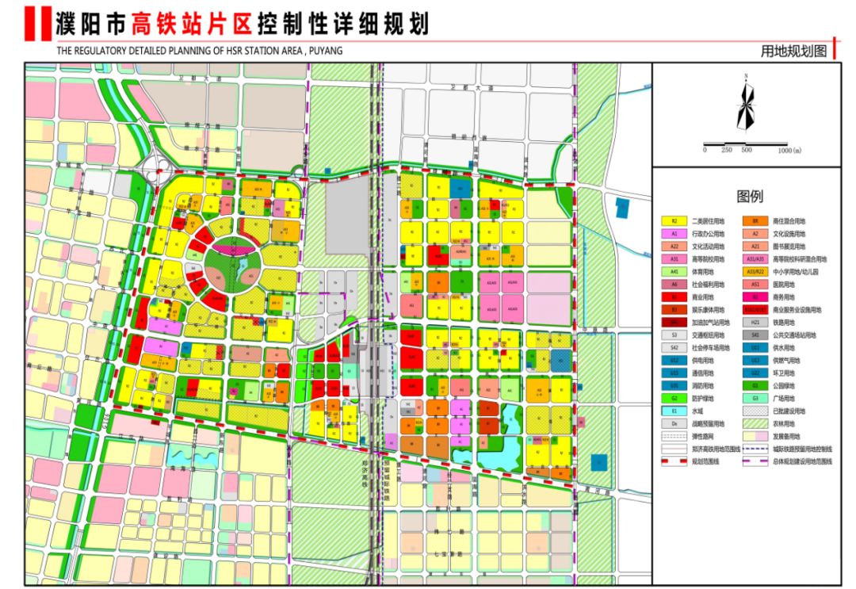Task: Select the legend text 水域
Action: tap(702, 411)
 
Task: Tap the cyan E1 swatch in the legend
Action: tap(674, 411)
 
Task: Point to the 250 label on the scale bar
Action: tap(726, 150)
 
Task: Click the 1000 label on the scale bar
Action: tap(789, 150)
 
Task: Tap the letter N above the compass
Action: tap(746, 77)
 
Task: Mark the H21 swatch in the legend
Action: tap(755, 323)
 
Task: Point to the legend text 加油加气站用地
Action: tap(709, 323)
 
